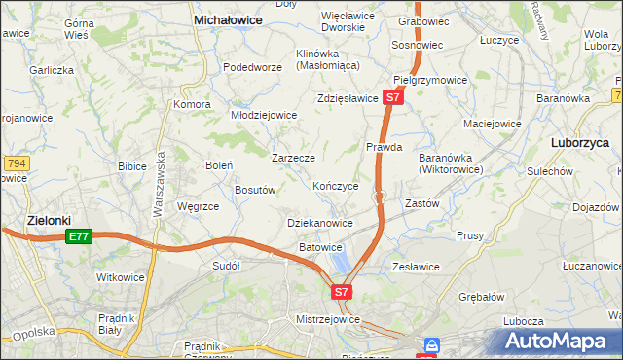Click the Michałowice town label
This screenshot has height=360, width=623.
click(232, 18)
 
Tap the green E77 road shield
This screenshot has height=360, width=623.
click(79, 236)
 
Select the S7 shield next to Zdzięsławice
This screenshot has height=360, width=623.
click(392, 98)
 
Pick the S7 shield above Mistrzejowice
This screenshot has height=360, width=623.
click(341, 291)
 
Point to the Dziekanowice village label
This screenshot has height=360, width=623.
click(320, 223)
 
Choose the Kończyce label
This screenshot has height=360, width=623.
click(336, 186)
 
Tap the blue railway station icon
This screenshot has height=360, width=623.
click(431, 344)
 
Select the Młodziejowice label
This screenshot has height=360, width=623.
click(263, 114)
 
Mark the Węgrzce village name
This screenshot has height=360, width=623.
click(198, 206)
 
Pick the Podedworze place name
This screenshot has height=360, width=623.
click(252, 67)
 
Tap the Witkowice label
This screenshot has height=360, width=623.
click(121, 277)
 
